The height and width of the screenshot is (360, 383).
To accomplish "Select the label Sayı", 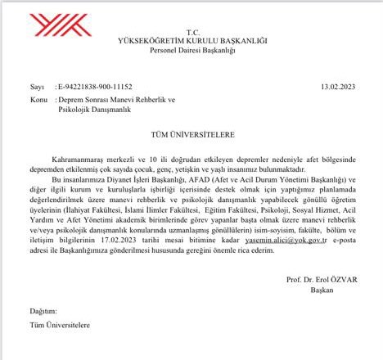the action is [x=36, y=85].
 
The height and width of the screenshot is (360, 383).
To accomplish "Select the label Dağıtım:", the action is [x=44, y=313].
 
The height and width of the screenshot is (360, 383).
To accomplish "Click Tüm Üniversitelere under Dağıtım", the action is [x=62, y=328].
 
